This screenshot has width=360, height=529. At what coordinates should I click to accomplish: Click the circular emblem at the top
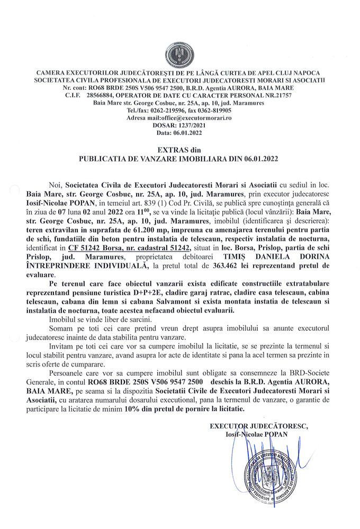(x=179, y=52)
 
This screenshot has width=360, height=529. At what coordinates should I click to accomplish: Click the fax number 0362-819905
(x=213, y=111)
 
